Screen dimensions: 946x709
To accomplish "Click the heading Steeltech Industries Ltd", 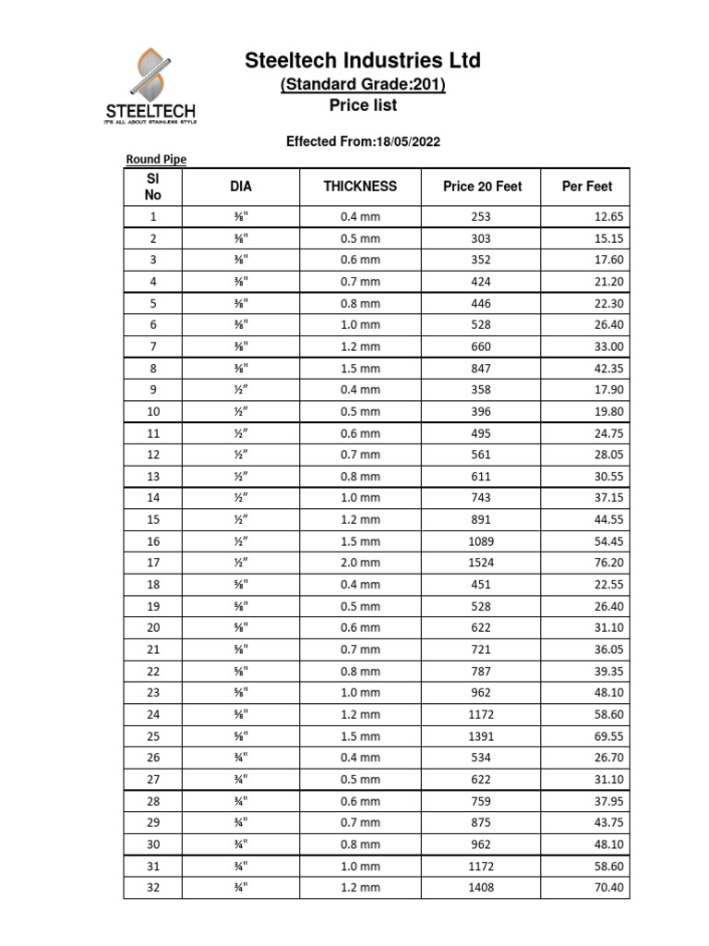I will tap(362, 61).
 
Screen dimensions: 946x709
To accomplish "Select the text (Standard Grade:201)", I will tap(363, 85).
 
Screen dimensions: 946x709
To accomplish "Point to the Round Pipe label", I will tap(156, 160).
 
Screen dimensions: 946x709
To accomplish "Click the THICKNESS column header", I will tap(360, 187).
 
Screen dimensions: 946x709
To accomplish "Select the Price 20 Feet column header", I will tap(482, 187).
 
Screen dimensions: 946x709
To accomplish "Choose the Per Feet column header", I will tap(586, 187).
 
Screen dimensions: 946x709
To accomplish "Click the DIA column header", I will tap(240, 187).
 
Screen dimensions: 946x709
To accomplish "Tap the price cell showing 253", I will tap(481, 217).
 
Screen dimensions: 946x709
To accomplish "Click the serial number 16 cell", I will tap(153, 541).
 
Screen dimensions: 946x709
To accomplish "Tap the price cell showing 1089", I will tap(481, 541).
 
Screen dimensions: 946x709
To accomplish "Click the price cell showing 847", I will tap(481, 369).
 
